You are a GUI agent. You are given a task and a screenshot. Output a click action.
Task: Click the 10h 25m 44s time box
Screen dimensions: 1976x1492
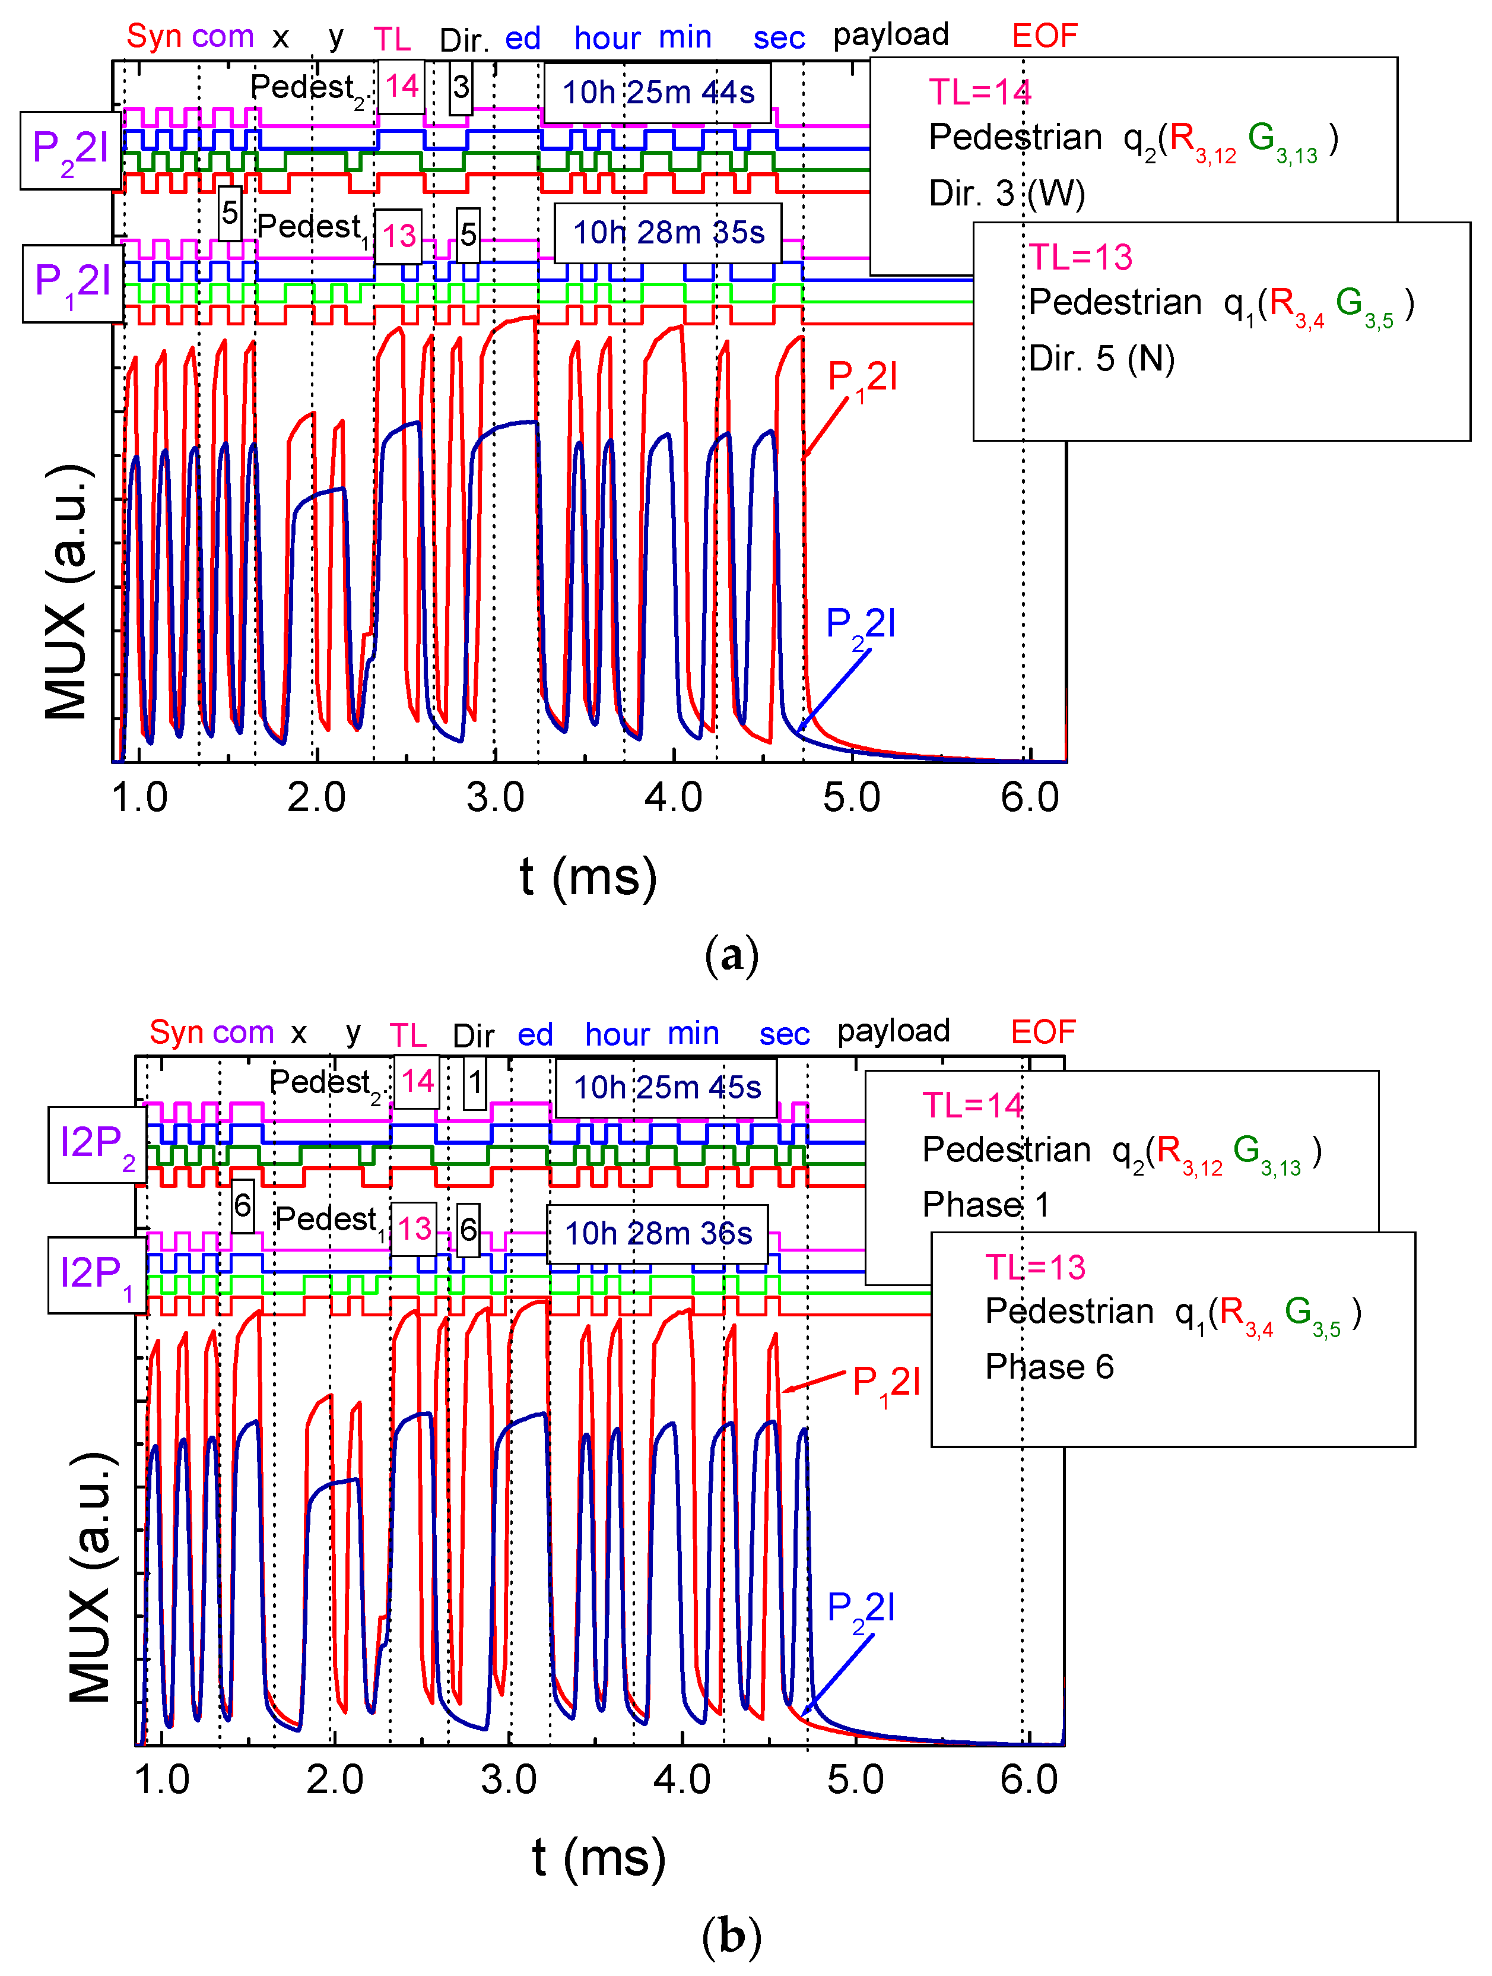(657, 93)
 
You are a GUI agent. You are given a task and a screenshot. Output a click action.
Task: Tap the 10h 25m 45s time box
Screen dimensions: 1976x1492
(666, 1087)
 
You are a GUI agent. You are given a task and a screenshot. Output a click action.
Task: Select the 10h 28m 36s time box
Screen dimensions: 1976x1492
(657, 1234)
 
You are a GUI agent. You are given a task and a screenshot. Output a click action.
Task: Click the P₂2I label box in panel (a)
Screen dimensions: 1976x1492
(71, 151)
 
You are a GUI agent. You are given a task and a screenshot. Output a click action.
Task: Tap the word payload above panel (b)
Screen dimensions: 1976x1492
(893, 1031)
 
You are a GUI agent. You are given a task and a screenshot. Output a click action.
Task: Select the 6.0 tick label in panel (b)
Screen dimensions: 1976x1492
(1028, 1779)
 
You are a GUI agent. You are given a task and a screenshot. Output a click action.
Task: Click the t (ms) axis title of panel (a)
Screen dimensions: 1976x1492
(588, 877)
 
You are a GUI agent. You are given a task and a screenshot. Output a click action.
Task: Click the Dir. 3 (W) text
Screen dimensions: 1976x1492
(1007, 194)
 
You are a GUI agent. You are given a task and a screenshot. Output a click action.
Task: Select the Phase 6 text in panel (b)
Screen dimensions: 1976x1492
(1049, 1367)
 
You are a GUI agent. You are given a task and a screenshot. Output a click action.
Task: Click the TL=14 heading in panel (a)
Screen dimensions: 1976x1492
(979, 92)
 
